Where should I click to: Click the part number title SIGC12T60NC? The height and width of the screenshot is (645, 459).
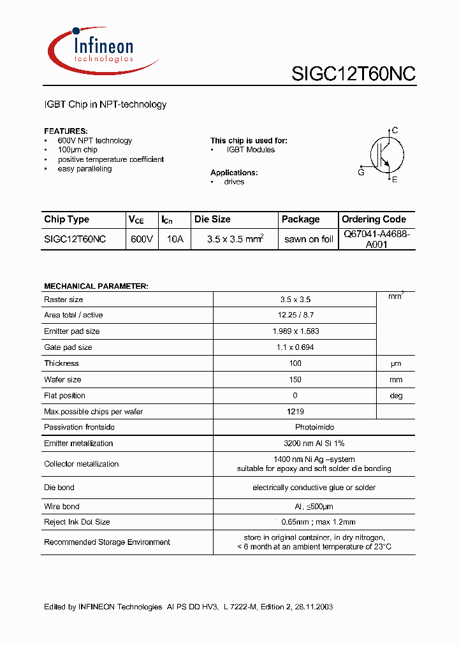pos(353,74)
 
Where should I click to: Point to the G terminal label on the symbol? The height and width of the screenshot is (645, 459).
pos(361,172)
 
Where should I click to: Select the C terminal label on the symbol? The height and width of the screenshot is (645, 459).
pos(395,131)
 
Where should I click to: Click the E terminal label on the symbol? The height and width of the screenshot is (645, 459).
pos(395,180)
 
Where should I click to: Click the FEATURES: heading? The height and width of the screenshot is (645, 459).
pos(66,131)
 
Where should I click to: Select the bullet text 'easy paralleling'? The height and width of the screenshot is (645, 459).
pos(85,169)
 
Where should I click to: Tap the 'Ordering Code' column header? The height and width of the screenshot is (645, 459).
pos(374,219)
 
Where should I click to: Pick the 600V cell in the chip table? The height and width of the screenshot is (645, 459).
pos(142,239)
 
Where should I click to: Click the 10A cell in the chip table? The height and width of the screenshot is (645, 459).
pos(174,239)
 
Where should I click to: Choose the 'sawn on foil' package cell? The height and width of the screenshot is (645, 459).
pos(309,239)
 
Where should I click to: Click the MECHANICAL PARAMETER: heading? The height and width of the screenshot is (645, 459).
pos(96,286)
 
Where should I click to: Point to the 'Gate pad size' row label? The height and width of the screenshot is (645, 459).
pos(68,347)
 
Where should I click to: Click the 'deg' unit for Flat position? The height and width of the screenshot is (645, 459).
pos(396,396)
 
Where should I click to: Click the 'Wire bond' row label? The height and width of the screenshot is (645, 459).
pos(62,506)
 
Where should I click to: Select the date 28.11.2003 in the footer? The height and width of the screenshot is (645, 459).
pos(312,607)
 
